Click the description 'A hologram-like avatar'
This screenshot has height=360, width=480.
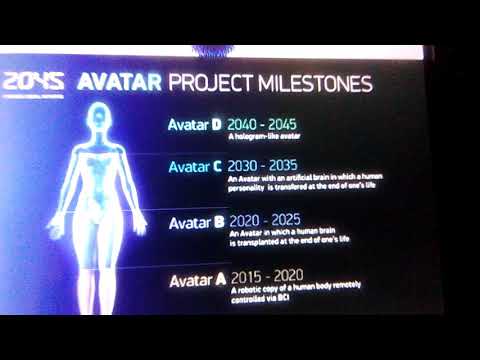pyautogui.click(x=264, y=137)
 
